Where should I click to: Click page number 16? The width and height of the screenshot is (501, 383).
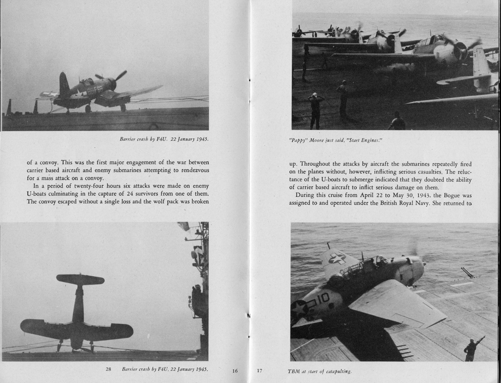pyautogui.click(x=235, y=371)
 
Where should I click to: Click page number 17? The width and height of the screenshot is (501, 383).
pyautogui.click(x=259, y=371)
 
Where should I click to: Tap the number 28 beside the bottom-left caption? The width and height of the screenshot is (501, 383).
pyautogui.click(x=109, y=369)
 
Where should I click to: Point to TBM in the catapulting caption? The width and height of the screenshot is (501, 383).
pyautogui.click(x=295, y=371)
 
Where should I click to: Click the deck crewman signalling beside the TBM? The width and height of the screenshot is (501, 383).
pyautogui.click(x=473, y=349)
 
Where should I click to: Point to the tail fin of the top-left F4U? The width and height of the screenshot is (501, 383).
pyautogui.click(x=64, y=84)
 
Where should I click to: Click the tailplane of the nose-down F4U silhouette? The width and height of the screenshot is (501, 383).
pyautogui.click(x=80, y=279)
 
